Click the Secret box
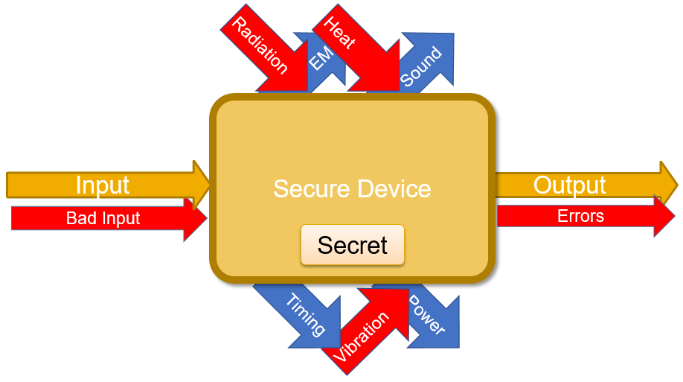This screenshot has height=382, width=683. click(352, 245)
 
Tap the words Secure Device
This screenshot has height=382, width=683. click(352, 188)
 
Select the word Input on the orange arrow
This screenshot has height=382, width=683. click(103, 185)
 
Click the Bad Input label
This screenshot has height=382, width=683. click(103, 218)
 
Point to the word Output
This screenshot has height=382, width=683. click(569, 185)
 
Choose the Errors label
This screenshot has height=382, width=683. click(580, 217)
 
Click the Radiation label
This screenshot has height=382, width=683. click(260, 46)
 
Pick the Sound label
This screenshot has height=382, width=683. click(421, 67)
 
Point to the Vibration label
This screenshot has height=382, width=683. click(361, 337)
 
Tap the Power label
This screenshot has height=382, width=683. click(427, 316)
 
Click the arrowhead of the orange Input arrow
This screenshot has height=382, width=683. click(202, 181)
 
